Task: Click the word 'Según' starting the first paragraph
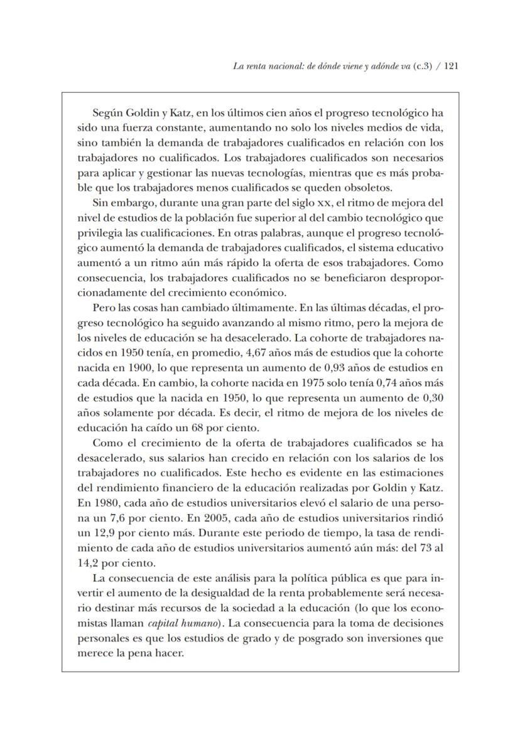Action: click(107, 114)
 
